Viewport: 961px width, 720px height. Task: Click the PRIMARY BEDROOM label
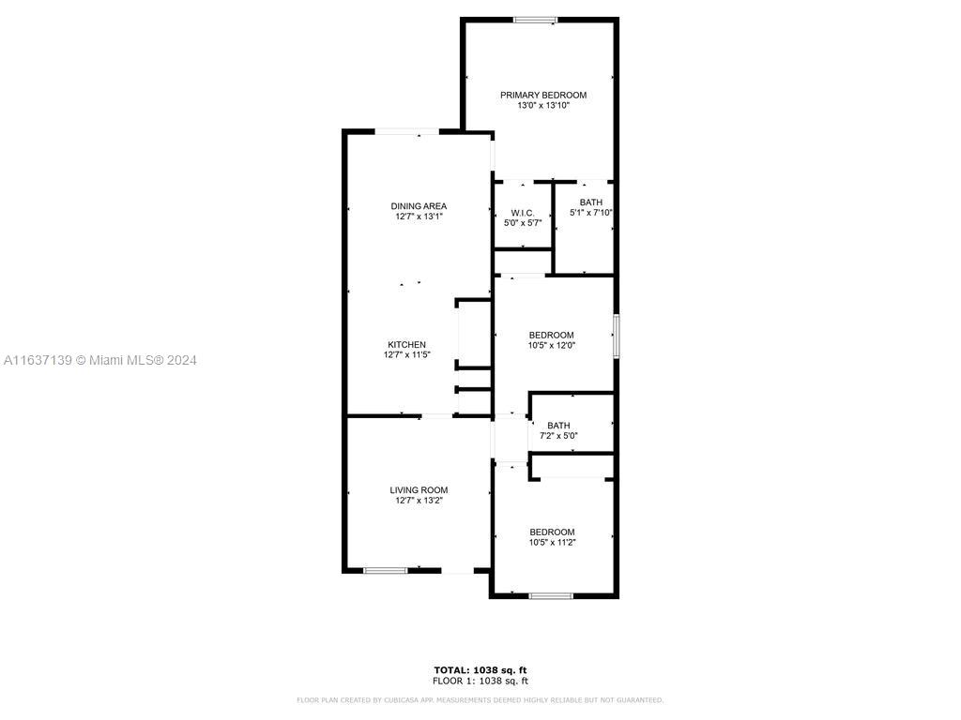point(543,95)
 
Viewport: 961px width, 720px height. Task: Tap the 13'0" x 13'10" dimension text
point(543,105)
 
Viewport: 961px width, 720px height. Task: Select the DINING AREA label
point(419,206)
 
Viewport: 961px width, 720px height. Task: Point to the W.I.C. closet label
point(523,213)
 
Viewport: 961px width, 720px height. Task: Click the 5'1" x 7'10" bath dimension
point(591,213)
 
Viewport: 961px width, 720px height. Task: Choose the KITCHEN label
point(407,345)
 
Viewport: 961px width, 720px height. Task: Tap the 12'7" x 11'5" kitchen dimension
point(407,354)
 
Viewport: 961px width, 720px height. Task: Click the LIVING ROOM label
point(419,489)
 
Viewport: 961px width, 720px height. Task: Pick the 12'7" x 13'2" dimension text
point(419,501)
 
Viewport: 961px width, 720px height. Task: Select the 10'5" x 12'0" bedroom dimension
point(552,345)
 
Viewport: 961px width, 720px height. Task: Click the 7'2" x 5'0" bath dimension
point(558,436)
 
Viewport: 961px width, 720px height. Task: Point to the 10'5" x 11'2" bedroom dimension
point(552,543)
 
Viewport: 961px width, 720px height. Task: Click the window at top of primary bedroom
point(535,21)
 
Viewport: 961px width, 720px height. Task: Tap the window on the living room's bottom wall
point(386,571)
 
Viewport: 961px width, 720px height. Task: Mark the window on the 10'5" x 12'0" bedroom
point(616,336)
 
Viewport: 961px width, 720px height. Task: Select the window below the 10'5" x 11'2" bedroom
point(551,595)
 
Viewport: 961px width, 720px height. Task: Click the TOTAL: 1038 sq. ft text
point(480,670)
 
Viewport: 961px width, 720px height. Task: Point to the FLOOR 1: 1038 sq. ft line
point(480,681)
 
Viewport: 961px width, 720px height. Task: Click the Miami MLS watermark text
point(99,361)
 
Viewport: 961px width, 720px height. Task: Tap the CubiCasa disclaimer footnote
point(480,699)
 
